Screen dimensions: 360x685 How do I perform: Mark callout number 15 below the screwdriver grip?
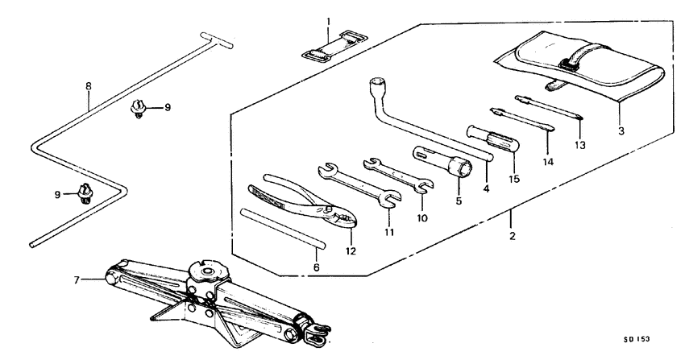[512, 176]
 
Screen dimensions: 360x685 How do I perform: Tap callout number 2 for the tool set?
[513, 238]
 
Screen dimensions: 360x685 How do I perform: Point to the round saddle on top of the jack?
[206, 268]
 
